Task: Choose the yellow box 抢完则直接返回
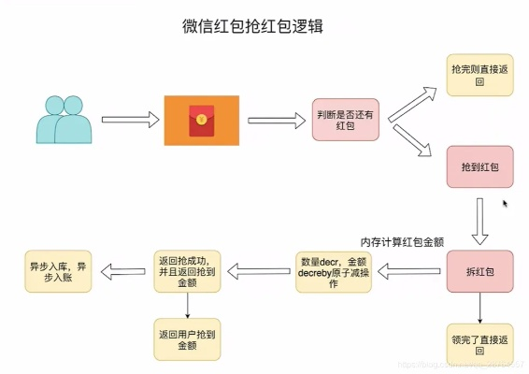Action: point(479,75)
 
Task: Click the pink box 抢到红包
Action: point(479,165)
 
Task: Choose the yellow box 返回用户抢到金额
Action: point(188,338)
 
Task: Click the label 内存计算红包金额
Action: point(402,241)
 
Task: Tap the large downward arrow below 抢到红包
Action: point(479,220)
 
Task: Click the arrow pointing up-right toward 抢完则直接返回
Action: point(411,104)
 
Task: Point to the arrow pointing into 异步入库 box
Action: point(121,272)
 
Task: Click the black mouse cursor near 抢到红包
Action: point(506,203)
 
